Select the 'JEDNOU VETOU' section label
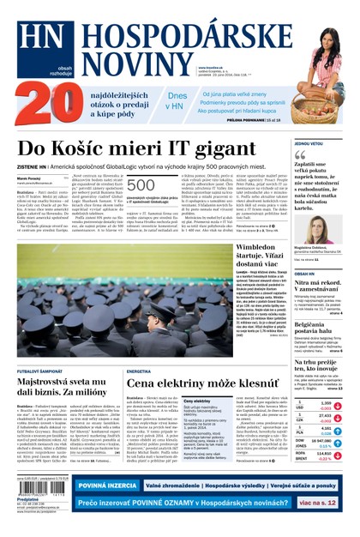point(309,143)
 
